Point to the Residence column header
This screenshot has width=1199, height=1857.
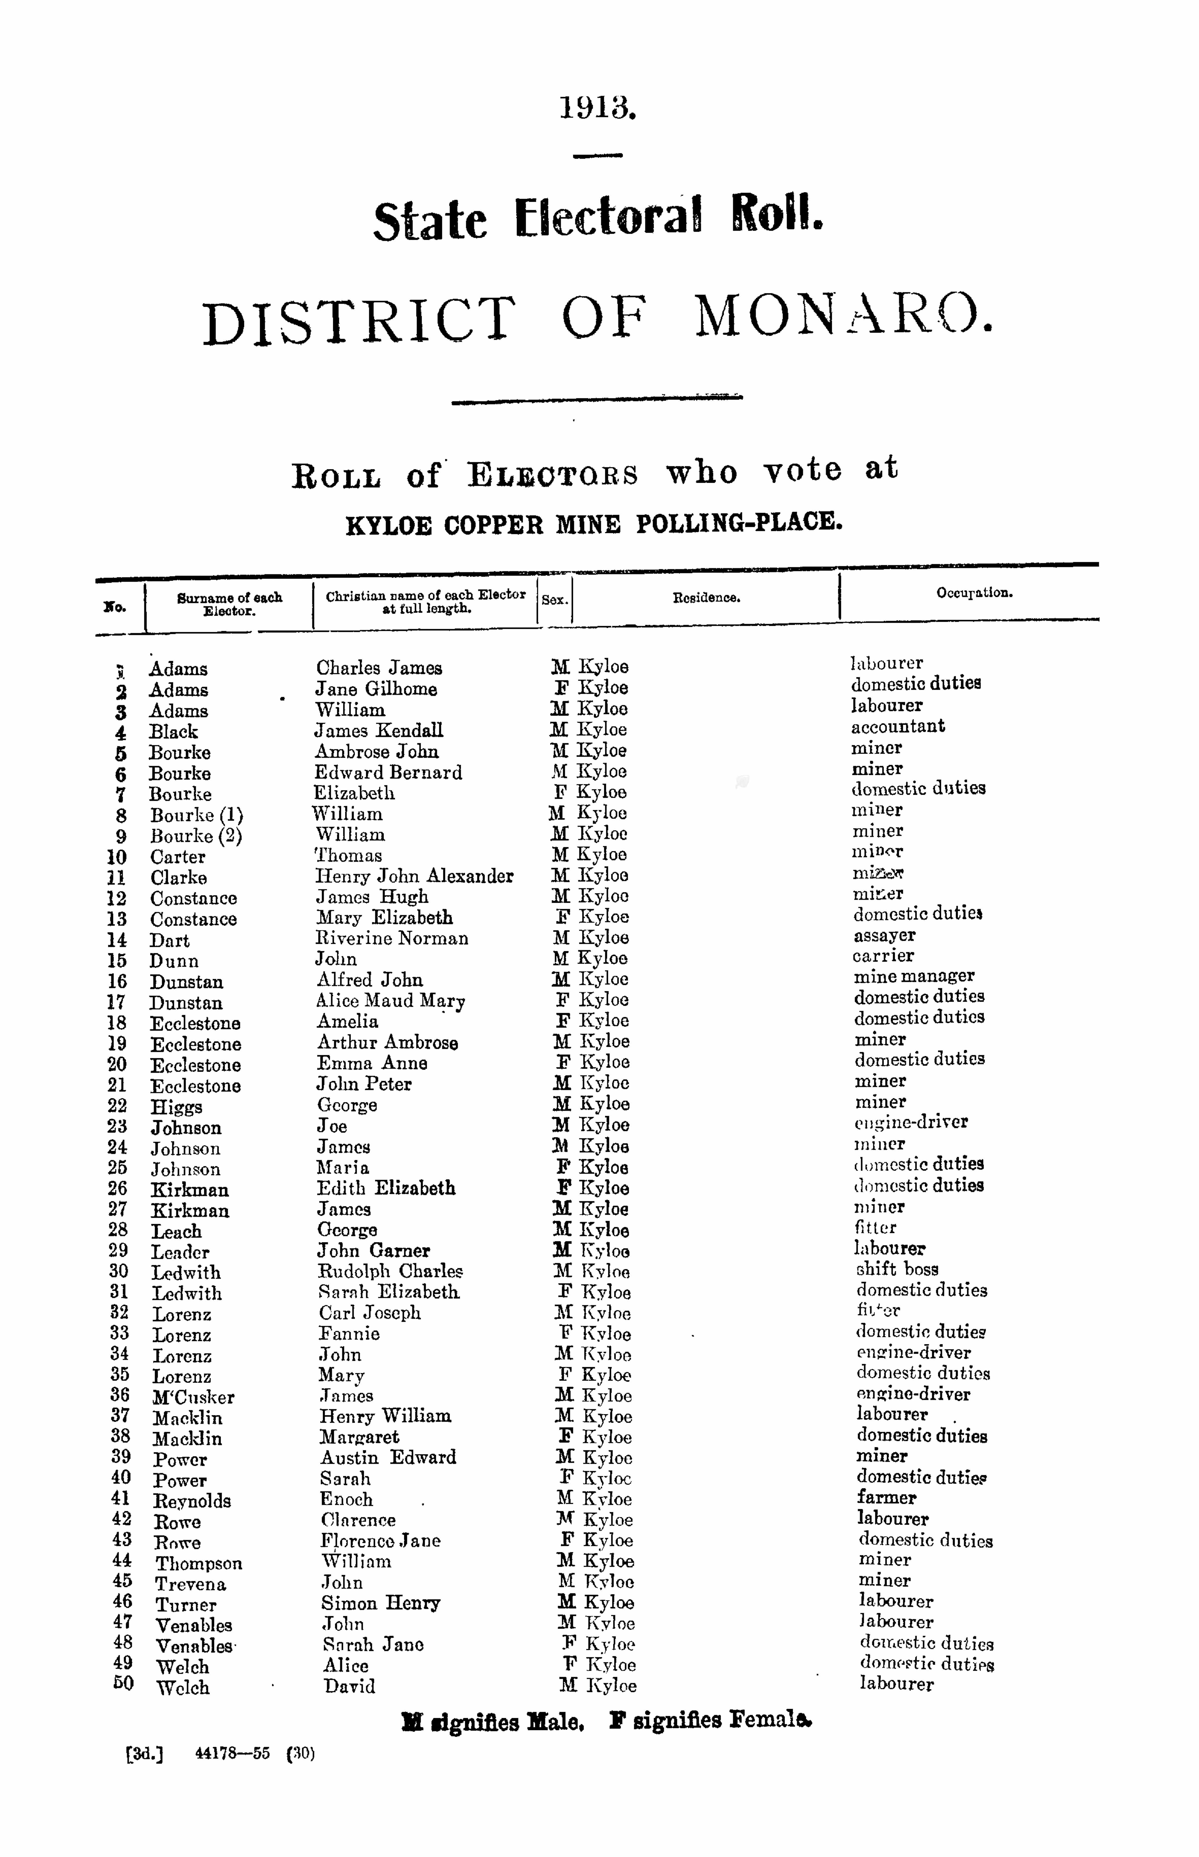click(706, 598)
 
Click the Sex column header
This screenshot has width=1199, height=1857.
click(554, 600)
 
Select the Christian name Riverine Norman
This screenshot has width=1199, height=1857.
click(392, 938)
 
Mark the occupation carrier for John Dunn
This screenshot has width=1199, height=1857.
click(883, 956)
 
